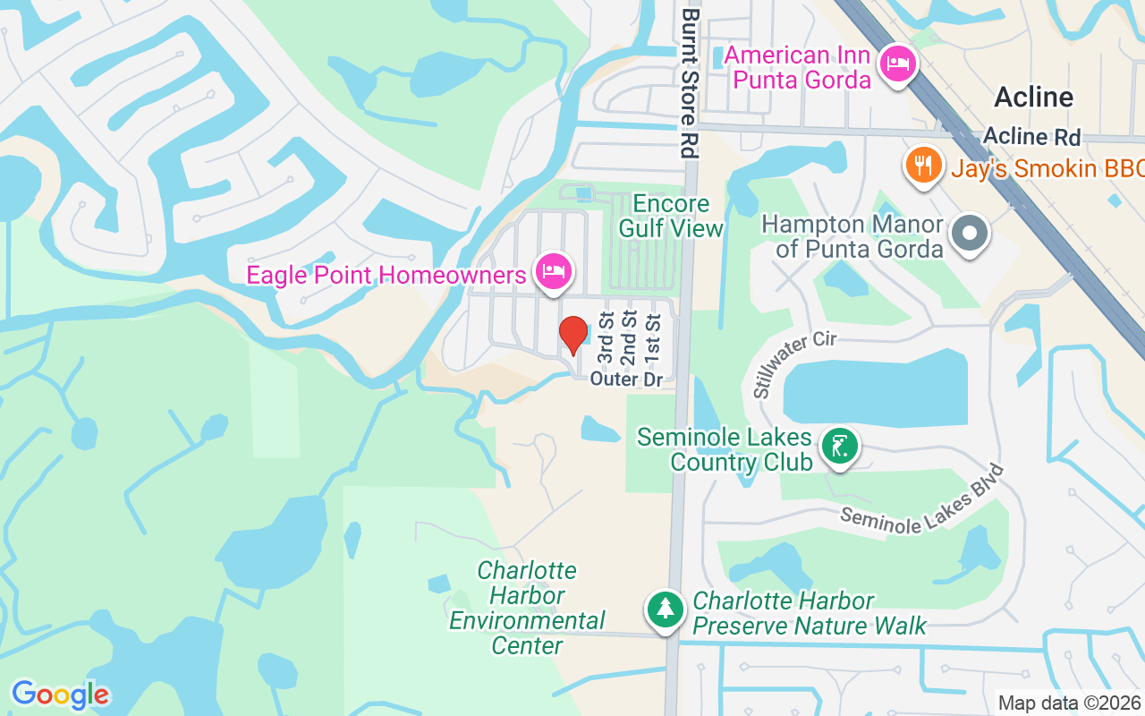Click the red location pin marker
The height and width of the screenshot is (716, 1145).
[x=573, y=336]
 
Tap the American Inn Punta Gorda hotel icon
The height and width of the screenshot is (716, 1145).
[x=897, y=64]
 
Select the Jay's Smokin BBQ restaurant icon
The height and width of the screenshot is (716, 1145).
[x=921, y=166]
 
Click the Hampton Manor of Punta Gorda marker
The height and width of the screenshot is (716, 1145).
[x=969, y=234]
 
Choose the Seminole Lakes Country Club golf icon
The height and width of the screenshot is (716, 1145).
[x=839, y=446]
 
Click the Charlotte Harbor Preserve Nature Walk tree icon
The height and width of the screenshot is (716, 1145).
[x=665, y=610]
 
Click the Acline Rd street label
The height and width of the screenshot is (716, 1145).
[x=1031, y=137]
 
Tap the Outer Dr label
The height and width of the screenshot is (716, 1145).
[x=626, y=379]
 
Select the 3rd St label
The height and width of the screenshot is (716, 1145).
[x=606, y=338]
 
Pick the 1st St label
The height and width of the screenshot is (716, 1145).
[x=653, y=338]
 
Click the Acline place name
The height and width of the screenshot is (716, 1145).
[x=1033, y=97]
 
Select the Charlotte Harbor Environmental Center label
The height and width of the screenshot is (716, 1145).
[x=527, y=608]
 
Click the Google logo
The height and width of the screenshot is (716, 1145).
[x=60, y=695]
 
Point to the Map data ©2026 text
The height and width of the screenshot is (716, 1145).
[x=1069, y=703]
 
